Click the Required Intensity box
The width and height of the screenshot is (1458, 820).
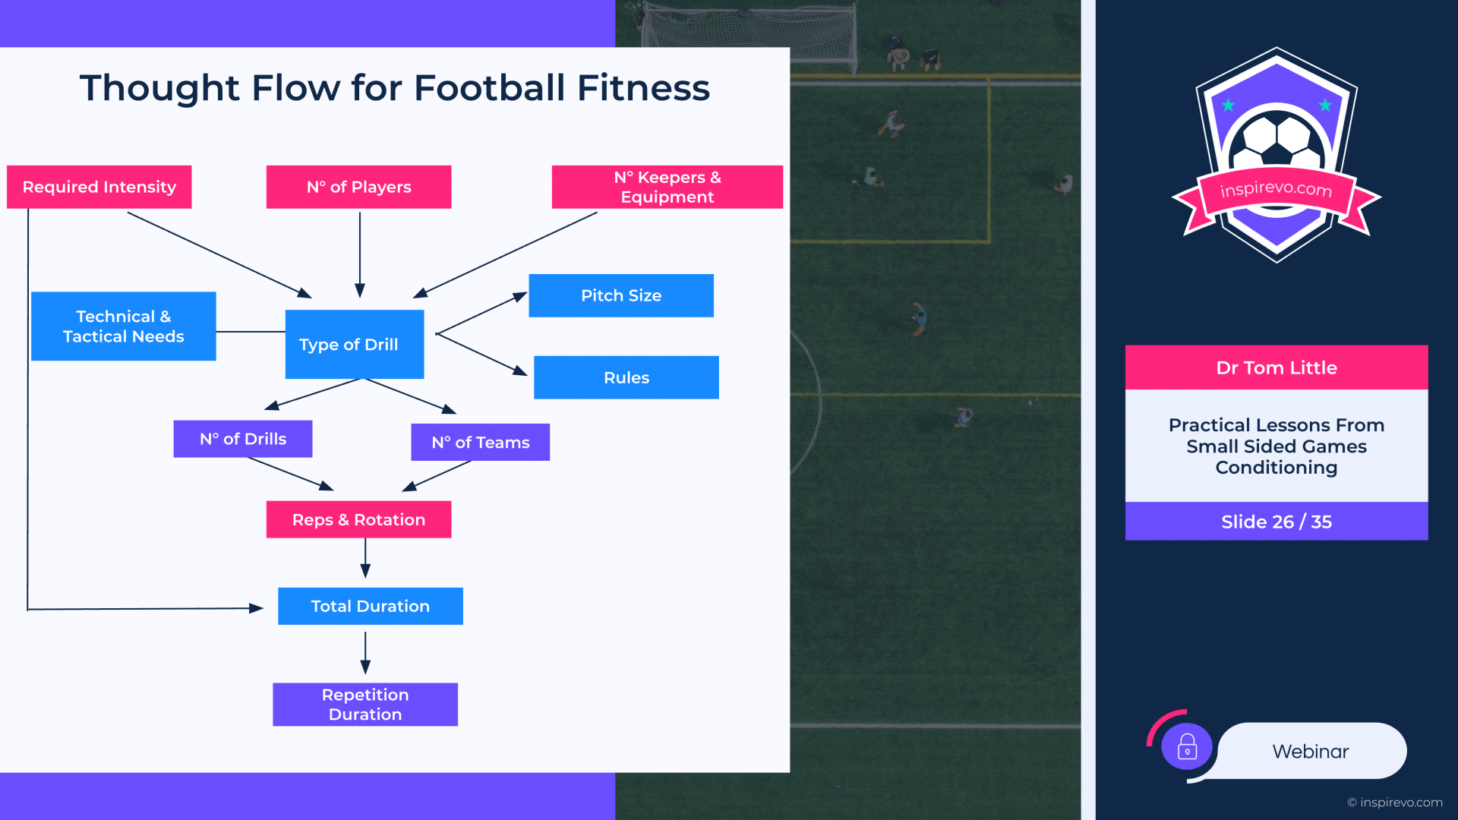(99, 187)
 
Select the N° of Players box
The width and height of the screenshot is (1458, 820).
(358, 187)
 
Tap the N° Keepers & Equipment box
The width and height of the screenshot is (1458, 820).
(667, 187)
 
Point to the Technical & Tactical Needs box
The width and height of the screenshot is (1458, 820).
(123, 326)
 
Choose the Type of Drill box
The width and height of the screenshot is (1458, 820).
(354, 344)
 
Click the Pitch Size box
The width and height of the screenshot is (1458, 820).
(621, 295)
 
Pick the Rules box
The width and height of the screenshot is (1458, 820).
(626, 377)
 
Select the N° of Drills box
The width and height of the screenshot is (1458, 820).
(243, 439)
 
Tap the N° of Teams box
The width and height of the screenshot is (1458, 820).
(480, 442)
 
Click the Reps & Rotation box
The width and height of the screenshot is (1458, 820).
(358, 519)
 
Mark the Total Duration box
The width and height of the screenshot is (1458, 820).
(371, 606)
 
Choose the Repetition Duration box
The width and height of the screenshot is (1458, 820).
(365, 705)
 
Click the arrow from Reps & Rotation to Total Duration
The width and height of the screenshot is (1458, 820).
(365, 559)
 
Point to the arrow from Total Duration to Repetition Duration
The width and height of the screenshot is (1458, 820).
(365, 653)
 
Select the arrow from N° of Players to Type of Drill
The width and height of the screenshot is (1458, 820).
(360, 254)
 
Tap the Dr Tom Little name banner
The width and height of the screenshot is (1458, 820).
(1277, 367)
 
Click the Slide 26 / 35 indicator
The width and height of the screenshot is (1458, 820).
(1277, 522)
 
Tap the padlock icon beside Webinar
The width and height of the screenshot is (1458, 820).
(1187, 747)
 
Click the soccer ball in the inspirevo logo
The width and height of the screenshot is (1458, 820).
(1277, 140)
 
